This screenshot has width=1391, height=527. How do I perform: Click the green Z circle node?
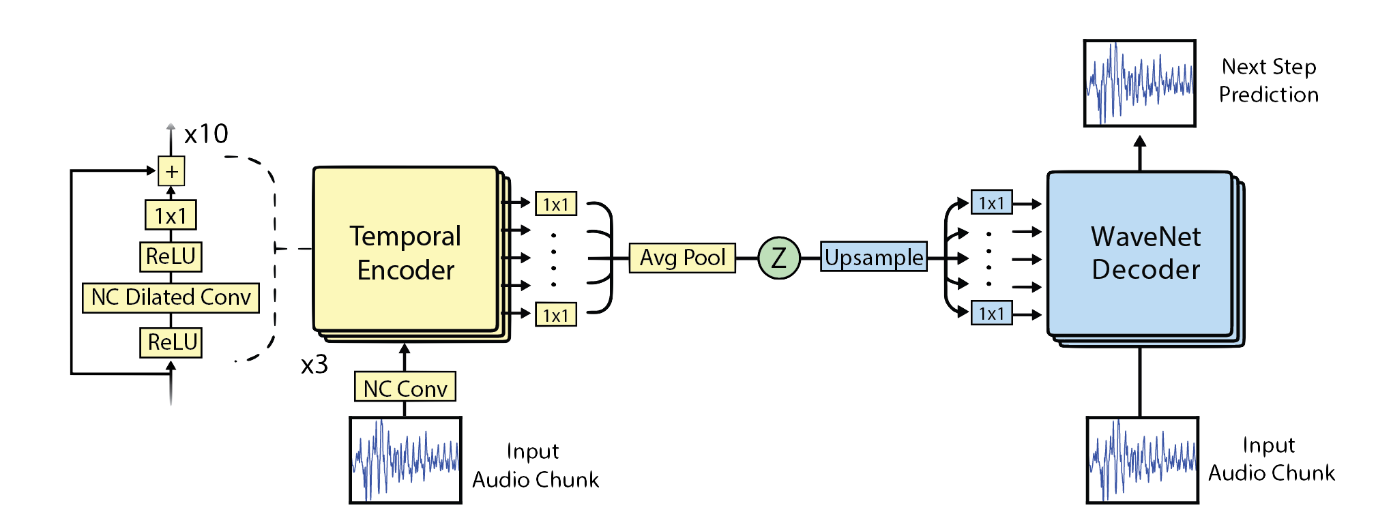pos(778,258)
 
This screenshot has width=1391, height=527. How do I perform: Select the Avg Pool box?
pos(682,258)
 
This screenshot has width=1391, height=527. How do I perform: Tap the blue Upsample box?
pos(873,257)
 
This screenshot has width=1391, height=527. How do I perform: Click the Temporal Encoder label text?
pos(405,253)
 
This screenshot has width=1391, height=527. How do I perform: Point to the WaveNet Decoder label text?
pos(1145,253)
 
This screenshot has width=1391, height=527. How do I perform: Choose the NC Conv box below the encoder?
pos(405,388)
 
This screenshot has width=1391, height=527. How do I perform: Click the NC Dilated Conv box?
pos(171,297)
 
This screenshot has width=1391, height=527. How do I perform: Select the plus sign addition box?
pos(171,171)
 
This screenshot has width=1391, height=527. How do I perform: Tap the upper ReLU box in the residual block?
pos(171,256)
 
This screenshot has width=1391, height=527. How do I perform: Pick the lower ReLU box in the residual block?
pos(172,342)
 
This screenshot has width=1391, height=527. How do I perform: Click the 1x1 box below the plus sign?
pos(171,215)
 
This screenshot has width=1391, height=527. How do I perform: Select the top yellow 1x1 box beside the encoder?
pos(555,204)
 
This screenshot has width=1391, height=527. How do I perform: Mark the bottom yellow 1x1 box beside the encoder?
pos(555,315)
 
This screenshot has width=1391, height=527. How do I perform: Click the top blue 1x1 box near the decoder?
pos(991,203)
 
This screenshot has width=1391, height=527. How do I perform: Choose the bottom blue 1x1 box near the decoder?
pos(991,314)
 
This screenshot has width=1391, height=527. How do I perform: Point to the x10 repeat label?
pos(205,134)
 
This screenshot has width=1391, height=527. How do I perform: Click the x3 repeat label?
pos(314,365)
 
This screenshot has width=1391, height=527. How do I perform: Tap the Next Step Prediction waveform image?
pos(1139,83)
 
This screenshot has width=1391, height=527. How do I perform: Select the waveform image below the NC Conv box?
pos(405,460)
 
